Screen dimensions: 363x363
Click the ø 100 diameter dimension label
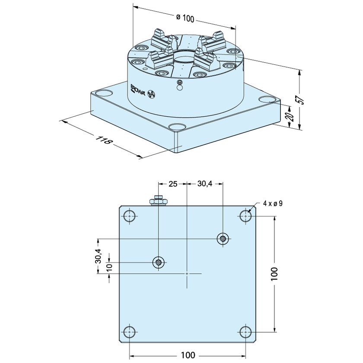tap(185, 18)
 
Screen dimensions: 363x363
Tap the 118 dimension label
tap(104, 140)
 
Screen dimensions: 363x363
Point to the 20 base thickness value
tap(291, 116)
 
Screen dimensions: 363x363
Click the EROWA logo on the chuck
tap(137, 89)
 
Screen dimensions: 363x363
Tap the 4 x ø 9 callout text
tap(273, 204)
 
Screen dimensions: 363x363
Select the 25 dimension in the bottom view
tap(173, 184)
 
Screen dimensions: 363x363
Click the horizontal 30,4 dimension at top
tap(205, 184)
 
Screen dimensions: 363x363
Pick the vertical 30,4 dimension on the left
tap(98, 256)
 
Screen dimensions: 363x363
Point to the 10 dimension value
tap(109, 266)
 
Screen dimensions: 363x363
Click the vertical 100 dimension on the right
tap(274, 274)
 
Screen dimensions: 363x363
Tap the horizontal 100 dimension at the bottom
tap(188, 355)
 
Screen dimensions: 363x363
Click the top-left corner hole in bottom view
tap(130, 216)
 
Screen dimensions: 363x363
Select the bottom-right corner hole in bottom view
tap(245, 332)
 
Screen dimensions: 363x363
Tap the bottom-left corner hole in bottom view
tap(130, 332)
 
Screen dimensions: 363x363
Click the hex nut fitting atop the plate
tap(158, 201)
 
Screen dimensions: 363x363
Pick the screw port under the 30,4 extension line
tap(223, 239)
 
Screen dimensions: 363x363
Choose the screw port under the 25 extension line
tap(158, 263)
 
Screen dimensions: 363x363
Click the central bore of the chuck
tap(185, 57)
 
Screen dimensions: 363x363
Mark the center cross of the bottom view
tap(187, 274)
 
